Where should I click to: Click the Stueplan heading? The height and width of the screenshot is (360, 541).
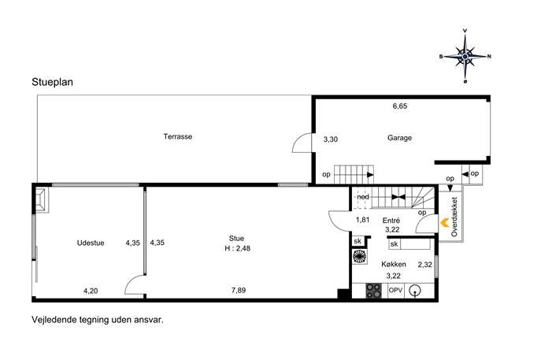(x=52, y=82)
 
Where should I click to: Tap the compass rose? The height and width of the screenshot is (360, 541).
(x=465, y=56)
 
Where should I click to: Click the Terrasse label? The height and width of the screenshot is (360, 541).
(x=178, y=136)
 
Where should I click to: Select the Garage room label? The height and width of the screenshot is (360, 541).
(x=399, y=138)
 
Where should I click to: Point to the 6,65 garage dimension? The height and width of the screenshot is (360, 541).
(x=399, y=106)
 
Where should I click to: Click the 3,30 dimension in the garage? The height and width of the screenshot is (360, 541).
(x=331, y=139)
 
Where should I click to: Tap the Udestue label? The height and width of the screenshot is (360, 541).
(x=91, y=243)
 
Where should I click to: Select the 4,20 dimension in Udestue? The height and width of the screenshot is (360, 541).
(x=91, y=291)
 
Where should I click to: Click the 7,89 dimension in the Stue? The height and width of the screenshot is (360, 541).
(x=239, y=290)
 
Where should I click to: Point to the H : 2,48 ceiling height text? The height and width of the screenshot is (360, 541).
(x=237, y=248)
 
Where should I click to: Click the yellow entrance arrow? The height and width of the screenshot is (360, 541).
(x=444, y=223)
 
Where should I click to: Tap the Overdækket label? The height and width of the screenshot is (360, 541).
(x=454, y=217)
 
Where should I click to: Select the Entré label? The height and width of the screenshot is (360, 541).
(x=391, y=221)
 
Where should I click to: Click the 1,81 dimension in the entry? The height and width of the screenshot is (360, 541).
(x=362, y=220)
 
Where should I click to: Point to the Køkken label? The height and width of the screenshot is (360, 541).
(x=393, y=265)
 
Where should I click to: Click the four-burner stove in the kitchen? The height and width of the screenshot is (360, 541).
(x=374, y=291)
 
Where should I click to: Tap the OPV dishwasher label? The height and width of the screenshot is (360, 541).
(x=395, y=290)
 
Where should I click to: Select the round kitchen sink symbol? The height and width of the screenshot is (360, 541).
(x=415, y=291)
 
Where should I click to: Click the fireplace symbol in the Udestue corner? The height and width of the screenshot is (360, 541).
(x=42, y=200)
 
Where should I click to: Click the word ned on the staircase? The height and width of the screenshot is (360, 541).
(x=363, y=197)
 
